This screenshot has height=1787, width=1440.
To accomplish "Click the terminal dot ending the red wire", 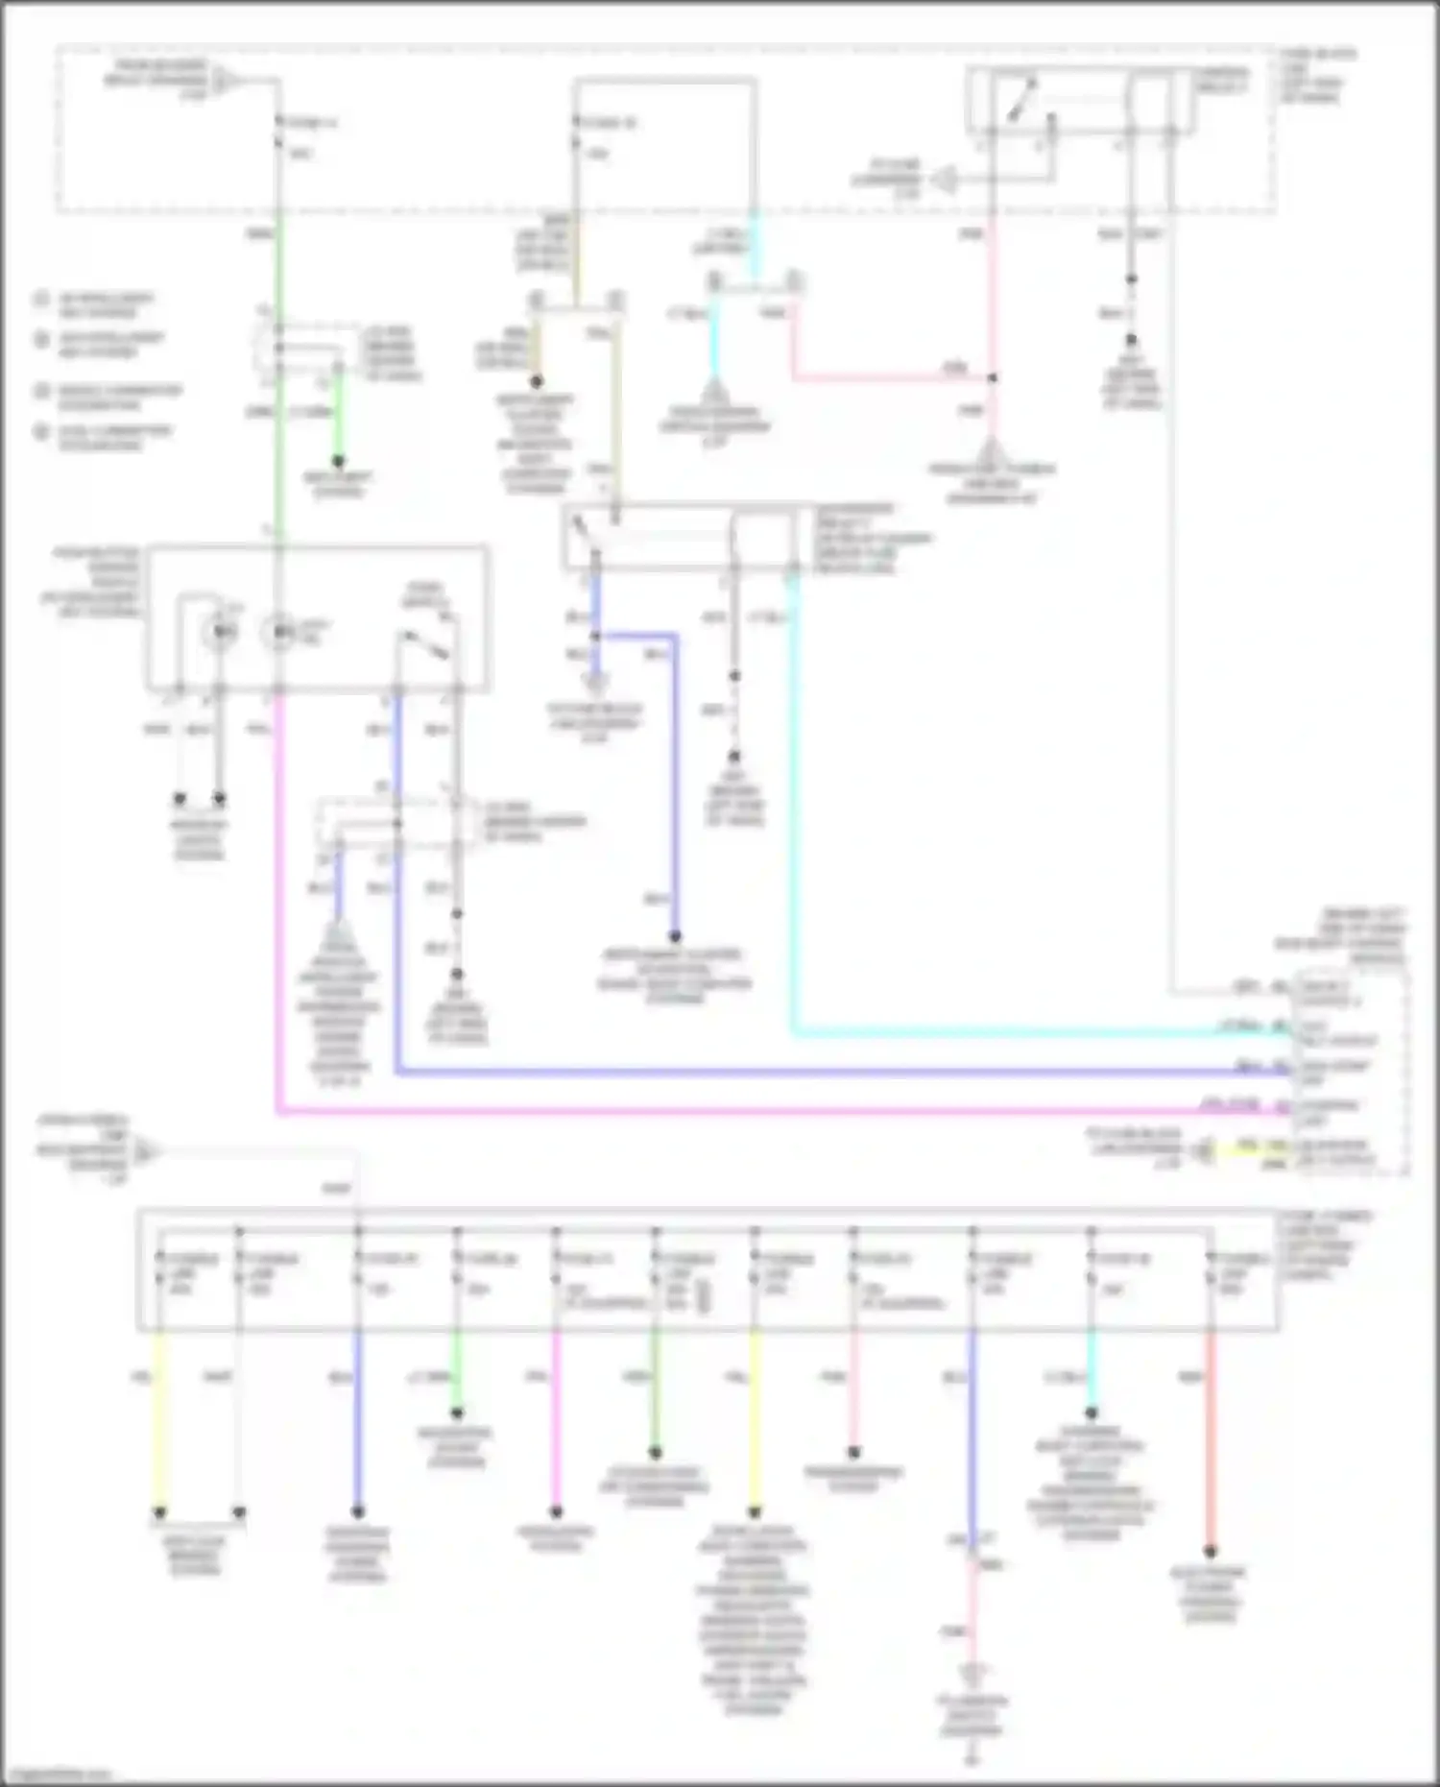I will coord(1211,1551).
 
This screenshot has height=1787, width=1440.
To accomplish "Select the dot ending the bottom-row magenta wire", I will coord(556,1511).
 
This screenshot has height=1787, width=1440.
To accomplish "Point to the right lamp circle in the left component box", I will coord(280,632).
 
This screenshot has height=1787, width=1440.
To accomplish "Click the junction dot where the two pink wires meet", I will coord(993,378).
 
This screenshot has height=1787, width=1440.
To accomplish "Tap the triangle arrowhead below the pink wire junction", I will coord(992,449).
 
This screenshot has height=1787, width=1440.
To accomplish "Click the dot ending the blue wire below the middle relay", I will coord(675,936).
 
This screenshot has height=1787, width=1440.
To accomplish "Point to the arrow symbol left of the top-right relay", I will coord(944,179).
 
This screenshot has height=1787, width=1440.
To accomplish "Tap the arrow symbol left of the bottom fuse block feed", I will coord(146,1150).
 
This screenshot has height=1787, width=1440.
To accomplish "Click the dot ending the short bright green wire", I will coord(338,462).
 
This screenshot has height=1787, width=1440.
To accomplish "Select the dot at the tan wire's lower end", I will coord(537,381).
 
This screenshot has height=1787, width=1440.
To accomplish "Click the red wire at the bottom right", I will coord(1211,1440).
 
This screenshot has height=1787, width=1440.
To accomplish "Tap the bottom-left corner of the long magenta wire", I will coord(278,1113).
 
